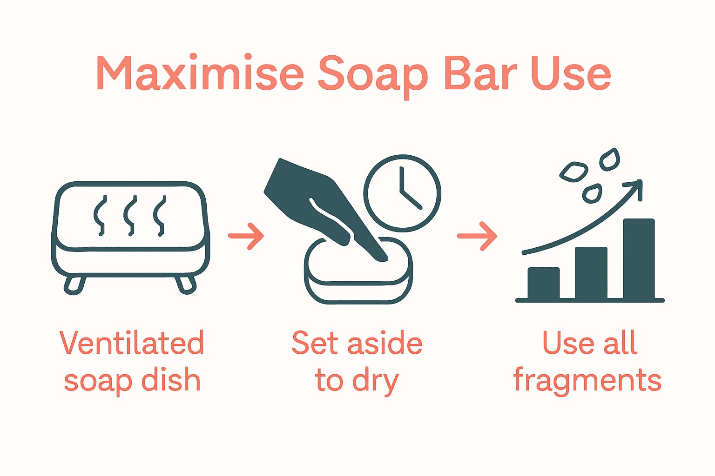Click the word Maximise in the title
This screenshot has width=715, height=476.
tap(200, 73)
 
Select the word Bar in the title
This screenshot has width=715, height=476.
tap(479, 73)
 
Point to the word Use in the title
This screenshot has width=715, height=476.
tap(571, 73)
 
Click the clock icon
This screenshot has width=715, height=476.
tap(403, 193)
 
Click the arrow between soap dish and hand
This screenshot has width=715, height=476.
tap(247, 237)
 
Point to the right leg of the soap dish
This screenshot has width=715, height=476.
tap(185, 285)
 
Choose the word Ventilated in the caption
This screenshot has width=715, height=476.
tap(132, 343)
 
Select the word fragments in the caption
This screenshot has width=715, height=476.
tap(587, 380)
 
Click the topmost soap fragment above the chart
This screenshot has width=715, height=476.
tap(610, 159)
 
